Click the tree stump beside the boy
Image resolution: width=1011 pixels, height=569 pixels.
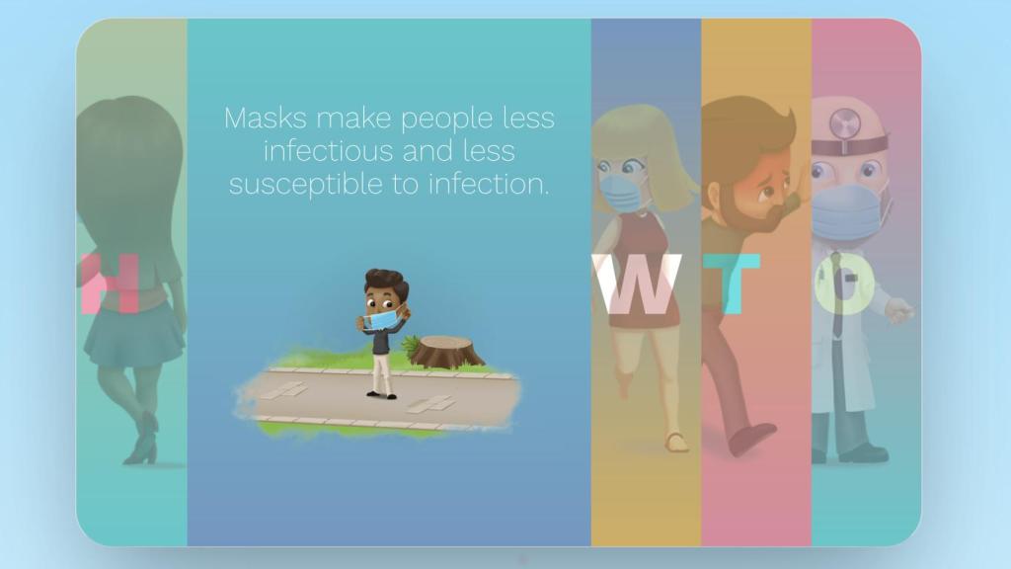pyautogui.click(x=446, y=352)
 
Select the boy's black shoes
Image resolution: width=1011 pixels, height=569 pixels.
pyautogui.click(x=381, y=394)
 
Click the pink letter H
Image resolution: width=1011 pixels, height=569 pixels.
pyautogui.click(x=110, y=284)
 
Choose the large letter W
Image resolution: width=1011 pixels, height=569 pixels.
pyautogui.click(x=644, y=284)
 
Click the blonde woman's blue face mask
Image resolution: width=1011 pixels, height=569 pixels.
pyautogui.click(x=622, y=192)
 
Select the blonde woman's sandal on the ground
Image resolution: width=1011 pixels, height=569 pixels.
pyautogui.click(x=676, y=442)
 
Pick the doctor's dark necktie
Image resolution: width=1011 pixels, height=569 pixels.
pyautogui.click(x=837, y=296)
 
